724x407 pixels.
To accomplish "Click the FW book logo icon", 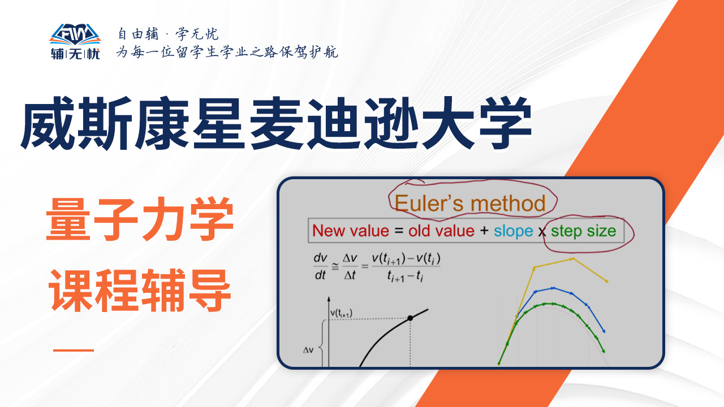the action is click(x=75, y=34).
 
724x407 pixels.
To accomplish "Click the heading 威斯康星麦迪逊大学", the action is click(x=277, y=123).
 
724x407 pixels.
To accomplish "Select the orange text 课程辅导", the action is click(x=140, y=290).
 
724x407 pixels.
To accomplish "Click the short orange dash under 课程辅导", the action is click(x=74, y=350).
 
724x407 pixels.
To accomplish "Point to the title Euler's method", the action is click(x=470, y=203).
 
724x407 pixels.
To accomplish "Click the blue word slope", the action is click(x=513, y=231).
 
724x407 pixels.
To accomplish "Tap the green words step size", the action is click(x=583, y=231).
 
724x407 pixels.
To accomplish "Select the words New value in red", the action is click(x=351, y=231).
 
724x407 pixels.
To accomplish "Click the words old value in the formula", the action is click(x=441, y=231).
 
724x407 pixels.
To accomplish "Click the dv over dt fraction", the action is click(x=320, y=266).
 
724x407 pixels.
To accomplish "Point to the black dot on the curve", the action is click(x=410, y=318).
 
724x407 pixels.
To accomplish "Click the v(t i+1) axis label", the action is click(x=341, y=313).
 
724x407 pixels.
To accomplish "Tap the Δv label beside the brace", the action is click(x=308, y=350).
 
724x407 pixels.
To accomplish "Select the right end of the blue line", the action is click(x=604, y=331).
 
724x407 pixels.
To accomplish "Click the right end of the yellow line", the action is click(x=607, y=282).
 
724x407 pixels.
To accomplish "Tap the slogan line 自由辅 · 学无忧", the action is click(x=168, y=34).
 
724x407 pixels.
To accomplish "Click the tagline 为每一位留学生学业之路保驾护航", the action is click(x=227, y=52).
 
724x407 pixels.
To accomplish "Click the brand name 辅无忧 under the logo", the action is click(x=75, y=54).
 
